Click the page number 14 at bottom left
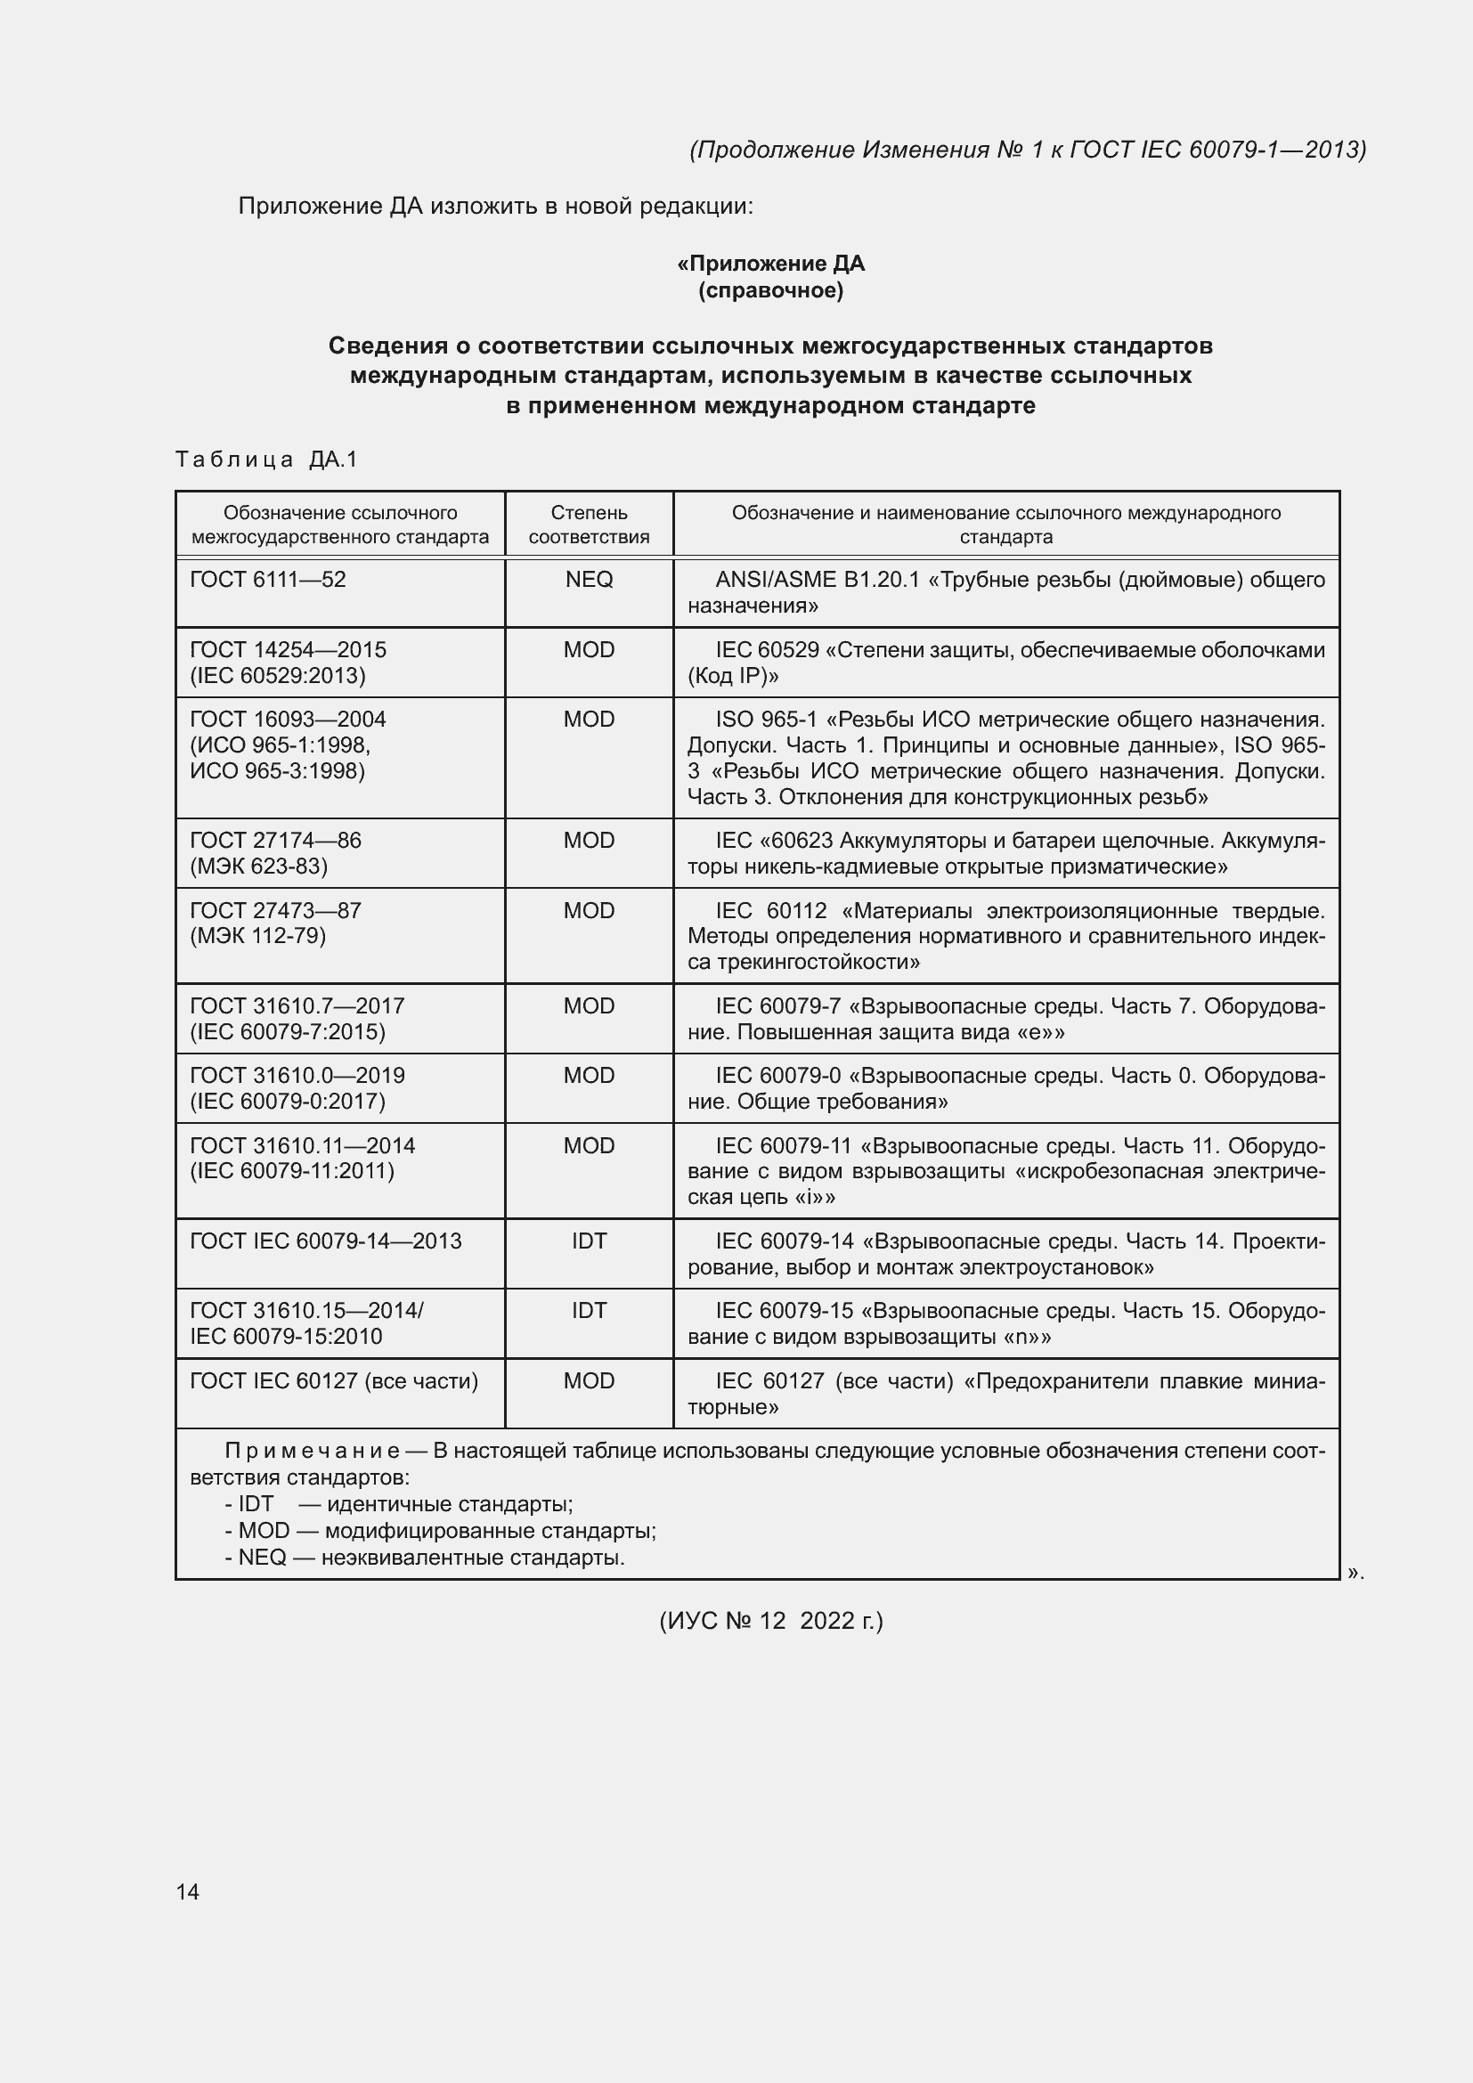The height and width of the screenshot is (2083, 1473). click(x=187, y=1892)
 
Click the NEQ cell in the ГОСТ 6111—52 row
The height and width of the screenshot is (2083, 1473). click(x=589, y=580)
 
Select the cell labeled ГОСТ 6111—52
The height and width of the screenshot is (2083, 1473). click(x=267, y=580)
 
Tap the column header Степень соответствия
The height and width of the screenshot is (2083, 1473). click(x=589, y=525)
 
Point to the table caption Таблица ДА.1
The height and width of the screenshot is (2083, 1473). click(x=266, y=460)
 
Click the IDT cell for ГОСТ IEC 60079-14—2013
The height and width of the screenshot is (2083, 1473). click(x=589, y=1241)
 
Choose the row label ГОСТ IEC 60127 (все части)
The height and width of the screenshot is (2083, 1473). click(x=334, y=1381)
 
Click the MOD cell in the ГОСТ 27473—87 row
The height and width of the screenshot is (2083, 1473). click(x=589, y=911)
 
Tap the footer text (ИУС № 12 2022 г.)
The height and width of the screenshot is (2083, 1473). click(x=770, y=1620)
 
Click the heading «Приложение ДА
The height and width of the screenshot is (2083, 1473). click(x=770, y=264)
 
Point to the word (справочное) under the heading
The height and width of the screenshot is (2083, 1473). click(x=770, y=290)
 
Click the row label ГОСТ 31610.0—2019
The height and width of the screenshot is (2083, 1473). click(x=297, y=1076)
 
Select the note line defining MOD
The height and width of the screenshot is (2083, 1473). click(x=441, y=1532)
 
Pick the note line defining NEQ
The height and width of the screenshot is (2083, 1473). click(x=426, y=1558)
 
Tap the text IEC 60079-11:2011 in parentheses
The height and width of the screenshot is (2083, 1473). click(x=292, y=1171)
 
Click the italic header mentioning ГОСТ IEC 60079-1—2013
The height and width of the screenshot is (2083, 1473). click(x=1027, y=150)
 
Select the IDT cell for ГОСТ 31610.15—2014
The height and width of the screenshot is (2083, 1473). click(x=589, y=1311)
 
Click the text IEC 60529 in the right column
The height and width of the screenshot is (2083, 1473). click(x=767, y=650)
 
